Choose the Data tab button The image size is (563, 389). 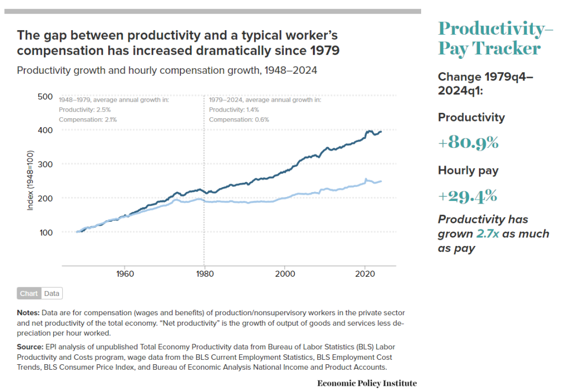pos(52,293)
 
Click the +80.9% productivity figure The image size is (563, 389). pos(468,143)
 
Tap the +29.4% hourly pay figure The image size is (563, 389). pos(468,196)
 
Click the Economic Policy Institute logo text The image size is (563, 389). pos(367,383)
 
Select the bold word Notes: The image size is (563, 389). pos(29,313)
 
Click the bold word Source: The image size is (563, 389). pos(30,347)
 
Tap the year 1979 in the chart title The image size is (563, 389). pos(324,51)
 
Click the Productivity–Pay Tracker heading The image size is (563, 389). pos(494,38)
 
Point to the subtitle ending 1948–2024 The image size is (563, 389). pos(167,71)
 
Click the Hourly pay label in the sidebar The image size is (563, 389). pos(468,171)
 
